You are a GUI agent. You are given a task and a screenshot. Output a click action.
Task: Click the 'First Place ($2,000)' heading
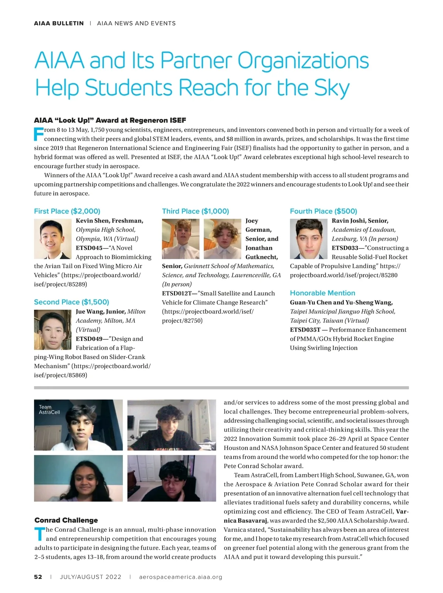tap(67, 211)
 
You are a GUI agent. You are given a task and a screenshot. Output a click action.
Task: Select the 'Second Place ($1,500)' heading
tap(71, 302)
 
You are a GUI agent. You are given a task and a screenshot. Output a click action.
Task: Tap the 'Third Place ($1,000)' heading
tap(195, 211)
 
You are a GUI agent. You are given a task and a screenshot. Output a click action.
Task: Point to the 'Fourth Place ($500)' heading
tap(323, 211)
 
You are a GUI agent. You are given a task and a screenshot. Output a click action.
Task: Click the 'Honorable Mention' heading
tap(322, 293)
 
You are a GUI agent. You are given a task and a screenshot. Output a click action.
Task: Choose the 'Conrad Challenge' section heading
tap(66, 520)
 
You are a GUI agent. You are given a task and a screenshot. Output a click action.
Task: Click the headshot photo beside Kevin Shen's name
tap(52, 239)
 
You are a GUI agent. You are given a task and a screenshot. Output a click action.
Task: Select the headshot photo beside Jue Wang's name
tap(52, 330)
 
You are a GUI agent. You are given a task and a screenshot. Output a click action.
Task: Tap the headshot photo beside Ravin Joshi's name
tap(308, 239)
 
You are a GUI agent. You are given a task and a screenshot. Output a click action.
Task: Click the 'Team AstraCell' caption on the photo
tap(49, 409)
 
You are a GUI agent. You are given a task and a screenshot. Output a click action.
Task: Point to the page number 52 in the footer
tap(38, 577)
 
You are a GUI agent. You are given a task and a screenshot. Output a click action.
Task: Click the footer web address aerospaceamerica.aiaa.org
tap(181, 577)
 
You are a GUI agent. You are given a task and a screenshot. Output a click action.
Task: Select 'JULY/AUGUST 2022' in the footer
tap(90, 577)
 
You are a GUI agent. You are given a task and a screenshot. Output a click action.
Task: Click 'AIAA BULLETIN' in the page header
tap(59, 23)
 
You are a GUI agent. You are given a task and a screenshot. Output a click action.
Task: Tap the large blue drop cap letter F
tap(38, 134)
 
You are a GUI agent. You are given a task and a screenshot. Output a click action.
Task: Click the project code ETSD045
tap(89, 248)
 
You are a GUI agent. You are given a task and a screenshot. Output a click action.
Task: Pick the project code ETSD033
tap(345, 248)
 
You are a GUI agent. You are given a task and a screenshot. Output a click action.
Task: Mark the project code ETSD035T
tap(305, 330)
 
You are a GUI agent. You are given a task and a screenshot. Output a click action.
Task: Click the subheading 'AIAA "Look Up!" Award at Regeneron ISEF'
tap(110, 120)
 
